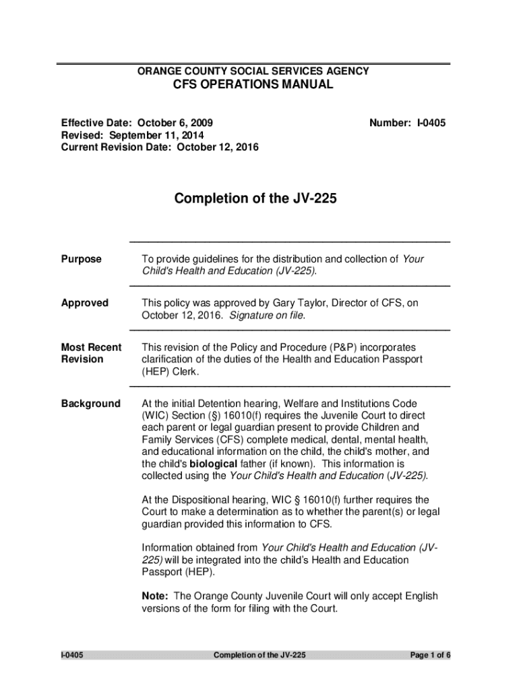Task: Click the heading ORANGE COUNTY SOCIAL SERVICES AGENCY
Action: pyautogui.click(x=253, y=71)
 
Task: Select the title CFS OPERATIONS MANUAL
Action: pyautogui.click(x=253, y=85)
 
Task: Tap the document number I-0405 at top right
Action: pyautogui.click(x=407, y=123)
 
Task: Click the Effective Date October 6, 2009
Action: pyautogui.click(x=138, y=123)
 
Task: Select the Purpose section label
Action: pyautogui.click(x=82, y=259)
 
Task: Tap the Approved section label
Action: pyautogui.click(x=85, y=303)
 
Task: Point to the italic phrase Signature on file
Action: pyautogui.click(x=267, y=315)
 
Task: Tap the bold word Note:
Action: pyautogui.click(x=155, y=596)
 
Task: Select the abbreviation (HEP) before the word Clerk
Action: pyautogui.click(x=156, y=372)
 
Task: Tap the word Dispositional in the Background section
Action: pyautogui.click(x=197, y=500)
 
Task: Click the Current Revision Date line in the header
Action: pyautogui.click(x=160, y=146)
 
